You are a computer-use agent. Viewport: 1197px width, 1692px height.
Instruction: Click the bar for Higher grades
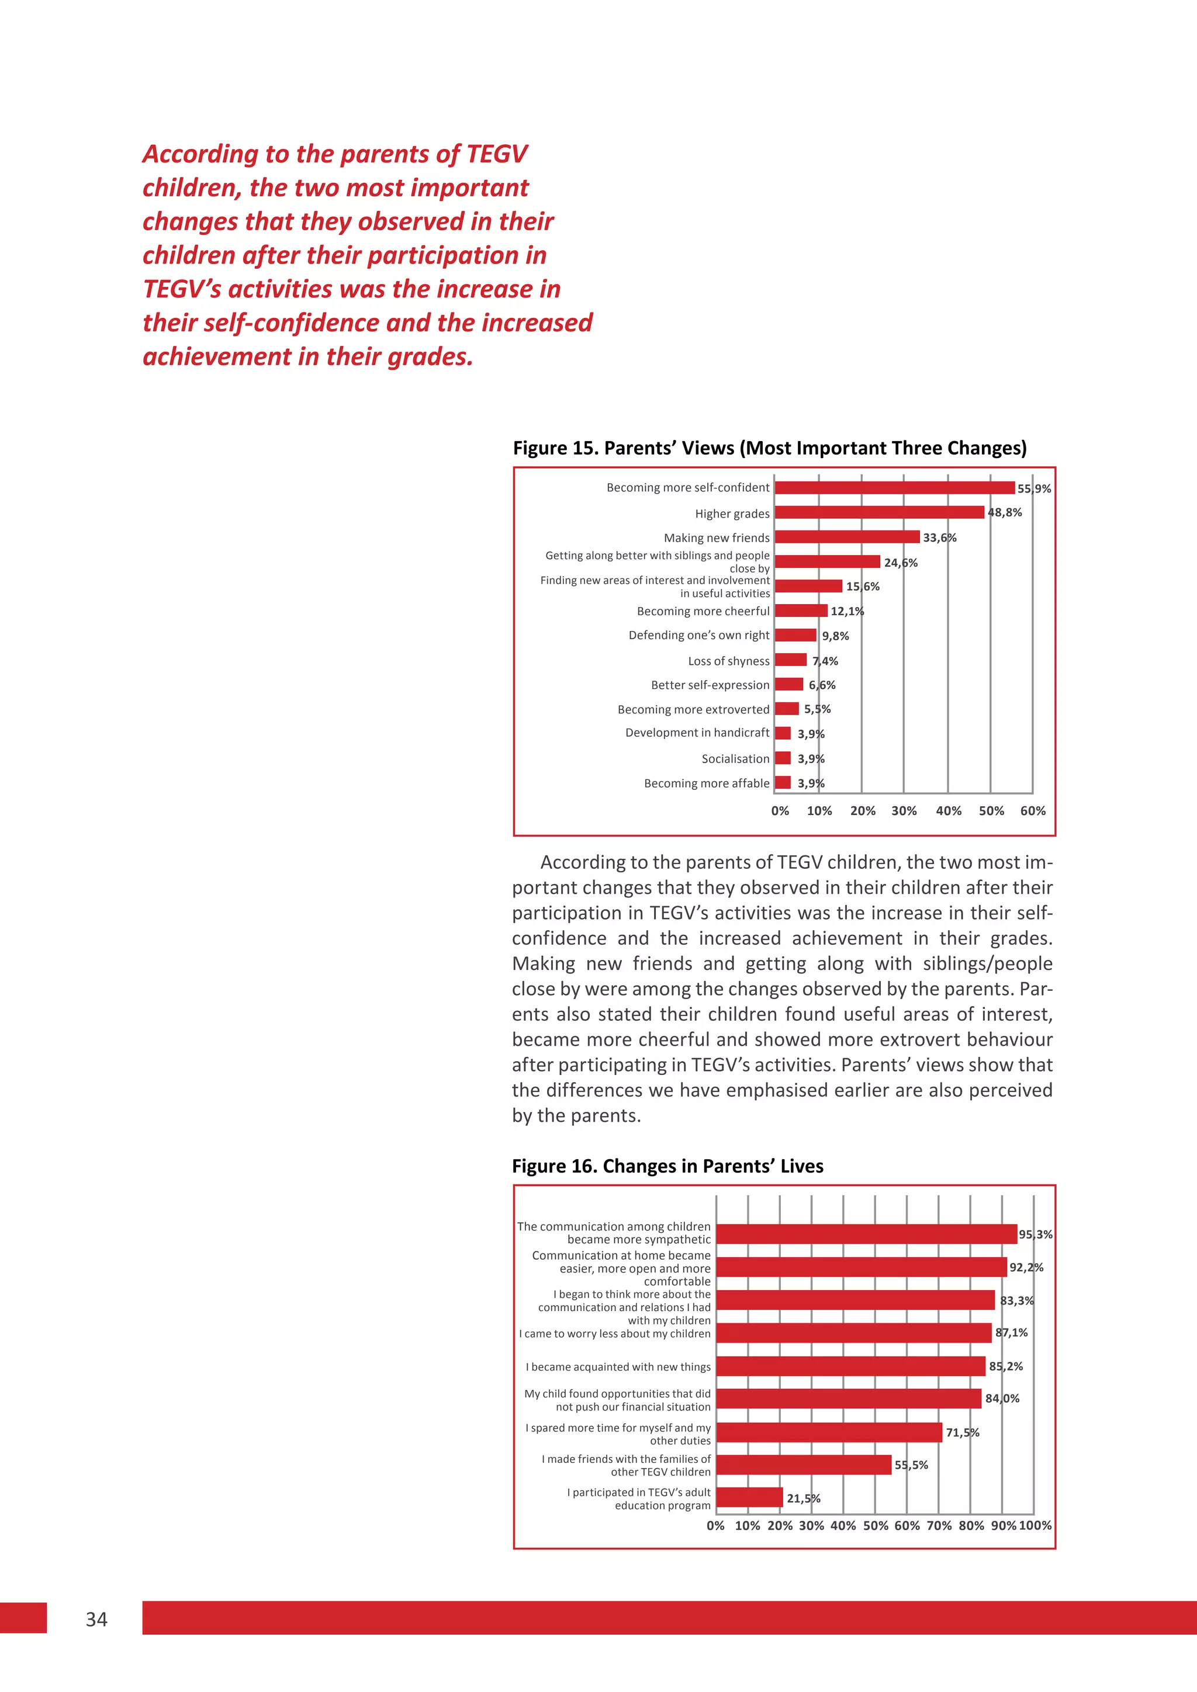[878, 512]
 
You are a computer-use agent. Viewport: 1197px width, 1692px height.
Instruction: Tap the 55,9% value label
[1033, 488]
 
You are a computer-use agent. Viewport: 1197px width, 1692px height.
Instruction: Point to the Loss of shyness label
[728, 661]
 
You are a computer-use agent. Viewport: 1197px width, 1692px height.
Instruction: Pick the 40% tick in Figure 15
[948, 810]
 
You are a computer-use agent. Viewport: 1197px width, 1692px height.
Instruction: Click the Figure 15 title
[770, 448]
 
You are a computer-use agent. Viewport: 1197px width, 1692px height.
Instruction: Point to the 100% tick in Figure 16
[1035, 1525]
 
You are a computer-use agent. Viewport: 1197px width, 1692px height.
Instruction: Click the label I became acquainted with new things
[618, 1366]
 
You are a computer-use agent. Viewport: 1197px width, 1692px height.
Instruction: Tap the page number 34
[96, 1619]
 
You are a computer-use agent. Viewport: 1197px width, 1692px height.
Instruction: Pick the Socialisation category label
[735, 758]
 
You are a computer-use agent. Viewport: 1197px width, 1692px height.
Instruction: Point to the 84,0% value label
[1002, 1398]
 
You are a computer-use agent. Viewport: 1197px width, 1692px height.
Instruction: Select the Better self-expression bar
[788, 684]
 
